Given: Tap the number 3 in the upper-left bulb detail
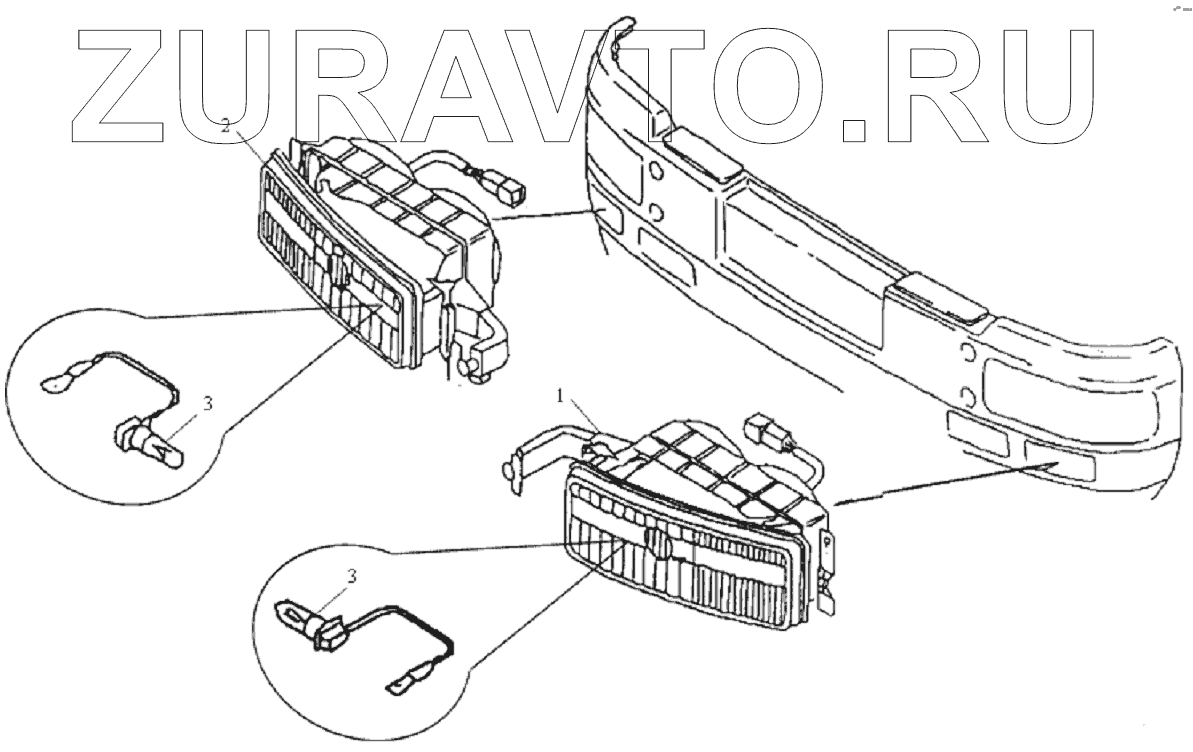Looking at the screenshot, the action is tap(207, 403).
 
